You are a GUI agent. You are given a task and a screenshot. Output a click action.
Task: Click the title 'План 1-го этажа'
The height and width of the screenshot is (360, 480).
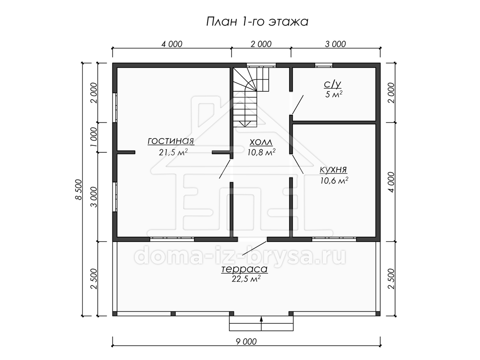(257, 22)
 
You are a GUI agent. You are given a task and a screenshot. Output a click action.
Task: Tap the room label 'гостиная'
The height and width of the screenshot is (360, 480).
(171, 141)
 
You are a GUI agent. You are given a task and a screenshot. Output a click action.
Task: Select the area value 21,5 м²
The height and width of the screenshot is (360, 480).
(173, 152)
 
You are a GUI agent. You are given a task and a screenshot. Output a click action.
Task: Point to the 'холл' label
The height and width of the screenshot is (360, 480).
(261, 142)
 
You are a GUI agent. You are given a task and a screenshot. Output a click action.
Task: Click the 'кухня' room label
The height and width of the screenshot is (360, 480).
(333, 170)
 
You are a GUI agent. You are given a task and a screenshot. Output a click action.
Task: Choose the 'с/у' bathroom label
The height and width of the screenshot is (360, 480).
(332, 84)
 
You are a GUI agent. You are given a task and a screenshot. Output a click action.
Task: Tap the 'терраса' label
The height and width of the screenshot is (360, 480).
(244, 269)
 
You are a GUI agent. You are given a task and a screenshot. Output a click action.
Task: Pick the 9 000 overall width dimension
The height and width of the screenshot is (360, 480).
(246, 342)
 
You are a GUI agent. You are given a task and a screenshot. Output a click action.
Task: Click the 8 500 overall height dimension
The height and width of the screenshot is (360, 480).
(78, 190)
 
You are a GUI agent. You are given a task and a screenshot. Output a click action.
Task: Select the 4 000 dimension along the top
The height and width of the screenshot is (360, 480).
(172, 44)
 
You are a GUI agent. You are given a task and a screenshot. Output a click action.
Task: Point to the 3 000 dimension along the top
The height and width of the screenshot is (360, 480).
(336, 44)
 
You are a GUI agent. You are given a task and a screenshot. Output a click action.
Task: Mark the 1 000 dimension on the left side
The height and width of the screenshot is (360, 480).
(94, 137)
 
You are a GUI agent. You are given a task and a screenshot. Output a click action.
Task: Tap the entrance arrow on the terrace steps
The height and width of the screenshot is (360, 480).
(261, 323)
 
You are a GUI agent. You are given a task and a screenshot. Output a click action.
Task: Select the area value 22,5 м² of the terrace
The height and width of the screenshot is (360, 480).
(246, 279)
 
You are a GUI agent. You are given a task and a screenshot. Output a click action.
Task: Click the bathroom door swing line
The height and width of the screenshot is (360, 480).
(298, 105)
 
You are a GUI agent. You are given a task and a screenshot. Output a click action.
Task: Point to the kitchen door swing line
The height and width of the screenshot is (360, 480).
(298, 164)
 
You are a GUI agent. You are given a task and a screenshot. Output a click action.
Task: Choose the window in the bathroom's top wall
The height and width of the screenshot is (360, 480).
(324, 65)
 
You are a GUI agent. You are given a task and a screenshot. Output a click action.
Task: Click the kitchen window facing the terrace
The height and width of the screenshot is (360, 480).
(334, 239)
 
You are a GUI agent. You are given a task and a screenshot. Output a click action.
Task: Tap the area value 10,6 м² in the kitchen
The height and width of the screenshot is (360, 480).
(334, 180)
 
